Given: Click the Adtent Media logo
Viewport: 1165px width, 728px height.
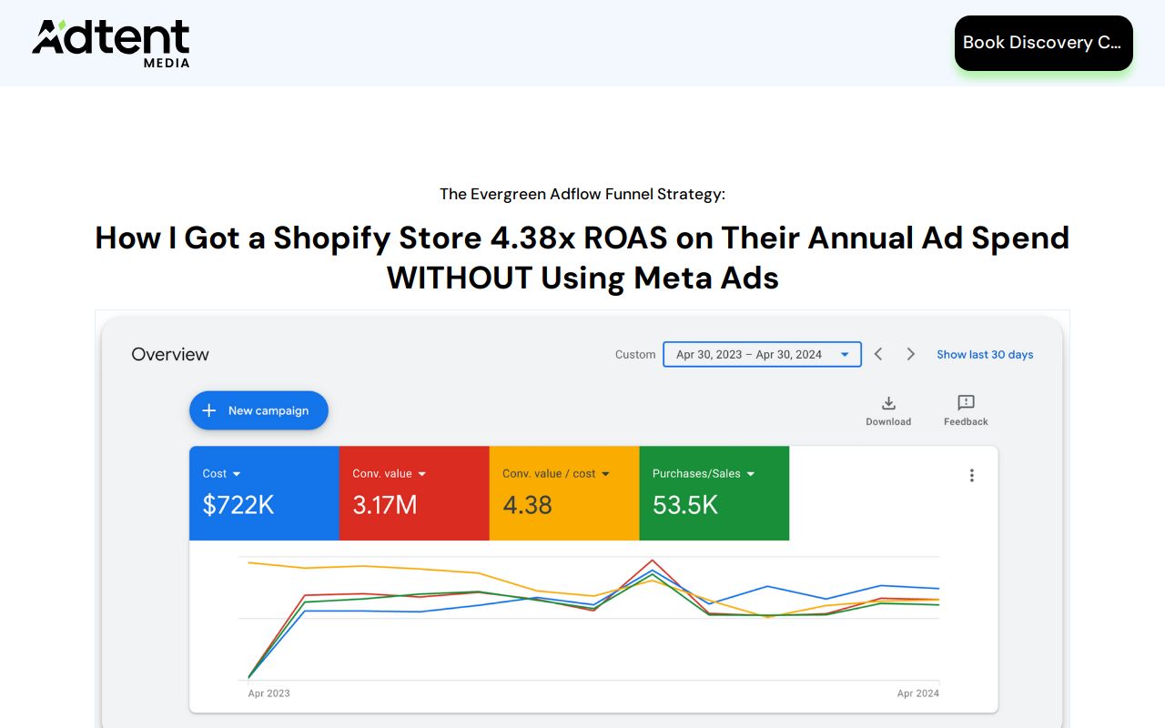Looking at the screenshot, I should click(x=111, y=43).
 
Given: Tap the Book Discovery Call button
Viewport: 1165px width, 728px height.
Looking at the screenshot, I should click(x=1043, y=43).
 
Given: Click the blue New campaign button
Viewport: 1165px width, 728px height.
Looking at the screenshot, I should click(x=258, y=410).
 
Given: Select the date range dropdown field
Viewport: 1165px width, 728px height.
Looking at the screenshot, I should click(x=762, y=354).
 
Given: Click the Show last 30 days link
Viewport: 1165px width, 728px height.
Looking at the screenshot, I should click(x=985, y=354).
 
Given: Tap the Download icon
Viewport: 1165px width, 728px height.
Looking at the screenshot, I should click(x=888, y=403).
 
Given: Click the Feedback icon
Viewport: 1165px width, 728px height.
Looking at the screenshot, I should click(x=966, y=403).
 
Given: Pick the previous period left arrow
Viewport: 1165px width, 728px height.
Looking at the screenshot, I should click(x=878, y=354).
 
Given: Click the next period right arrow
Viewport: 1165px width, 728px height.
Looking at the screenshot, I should click(x=910, y=354).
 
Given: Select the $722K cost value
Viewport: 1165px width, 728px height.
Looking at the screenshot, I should click(x=238, y=505).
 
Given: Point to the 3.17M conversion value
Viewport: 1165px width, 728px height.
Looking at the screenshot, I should click(x=385, y=505).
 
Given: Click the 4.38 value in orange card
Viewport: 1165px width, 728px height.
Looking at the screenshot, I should click(x=527, y=505).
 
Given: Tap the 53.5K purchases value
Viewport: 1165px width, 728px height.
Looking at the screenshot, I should click(x=685, y=505).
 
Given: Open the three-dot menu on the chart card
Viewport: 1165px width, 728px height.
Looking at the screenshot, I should click(x=971, y=475).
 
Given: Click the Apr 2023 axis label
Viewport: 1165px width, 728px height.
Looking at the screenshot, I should click(x=268, y=693).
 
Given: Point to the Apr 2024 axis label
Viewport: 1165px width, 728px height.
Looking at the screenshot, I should click(x=917, y=693).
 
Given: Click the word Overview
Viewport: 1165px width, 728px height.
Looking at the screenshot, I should click(x=170, y=354).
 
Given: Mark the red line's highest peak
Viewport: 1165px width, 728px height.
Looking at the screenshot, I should click(x=652, y=561).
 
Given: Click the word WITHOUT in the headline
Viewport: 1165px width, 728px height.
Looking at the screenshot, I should click(x=459, y=278).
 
